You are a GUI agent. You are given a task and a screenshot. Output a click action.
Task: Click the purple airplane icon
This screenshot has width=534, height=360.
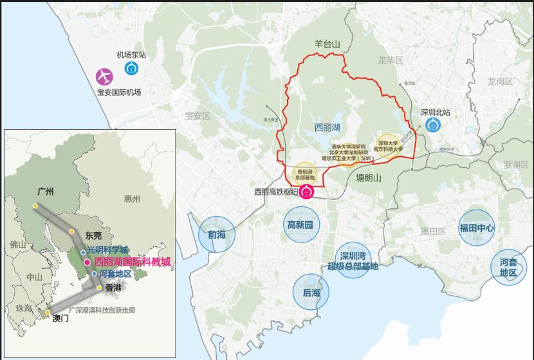(x=104, y=75)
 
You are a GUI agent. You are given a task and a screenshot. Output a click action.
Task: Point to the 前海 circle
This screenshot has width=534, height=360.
(x=217, y=235)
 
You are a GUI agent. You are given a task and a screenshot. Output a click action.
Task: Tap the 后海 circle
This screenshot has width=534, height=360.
(x=311, y=292)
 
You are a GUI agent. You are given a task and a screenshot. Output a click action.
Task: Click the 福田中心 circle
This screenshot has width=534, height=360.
(x=476, y=227)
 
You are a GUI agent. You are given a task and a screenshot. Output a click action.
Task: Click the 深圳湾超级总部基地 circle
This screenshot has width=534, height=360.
(x=352, y=259)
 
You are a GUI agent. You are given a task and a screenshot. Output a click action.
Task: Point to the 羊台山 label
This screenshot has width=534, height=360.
(x=327, y=44)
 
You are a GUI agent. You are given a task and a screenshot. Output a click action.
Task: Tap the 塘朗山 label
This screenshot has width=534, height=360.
(x=369, y=177)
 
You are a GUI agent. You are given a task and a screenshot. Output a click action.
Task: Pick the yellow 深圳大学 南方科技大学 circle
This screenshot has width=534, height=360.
(x=389, y=145)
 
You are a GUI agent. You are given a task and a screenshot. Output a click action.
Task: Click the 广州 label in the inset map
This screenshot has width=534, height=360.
(x=46, y=191)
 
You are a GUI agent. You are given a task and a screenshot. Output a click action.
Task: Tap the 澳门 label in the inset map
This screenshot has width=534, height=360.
(x=60, y=318)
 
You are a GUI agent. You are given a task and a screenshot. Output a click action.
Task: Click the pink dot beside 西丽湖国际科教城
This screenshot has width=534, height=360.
(x=87, y=262)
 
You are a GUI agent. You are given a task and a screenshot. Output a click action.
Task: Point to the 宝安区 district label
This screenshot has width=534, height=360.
(x=198, y=116)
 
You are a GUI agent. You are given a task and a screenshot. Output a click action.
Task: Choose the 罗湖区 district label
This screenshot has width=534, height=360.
(x=515, y=164)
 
